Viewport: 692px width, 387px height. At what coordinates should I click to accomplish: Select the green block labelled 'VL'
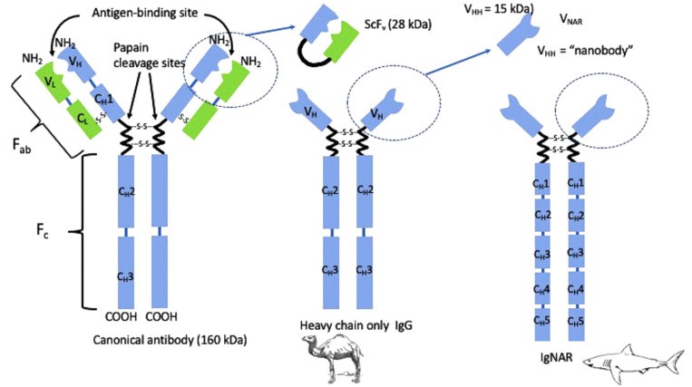point(53,86)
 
